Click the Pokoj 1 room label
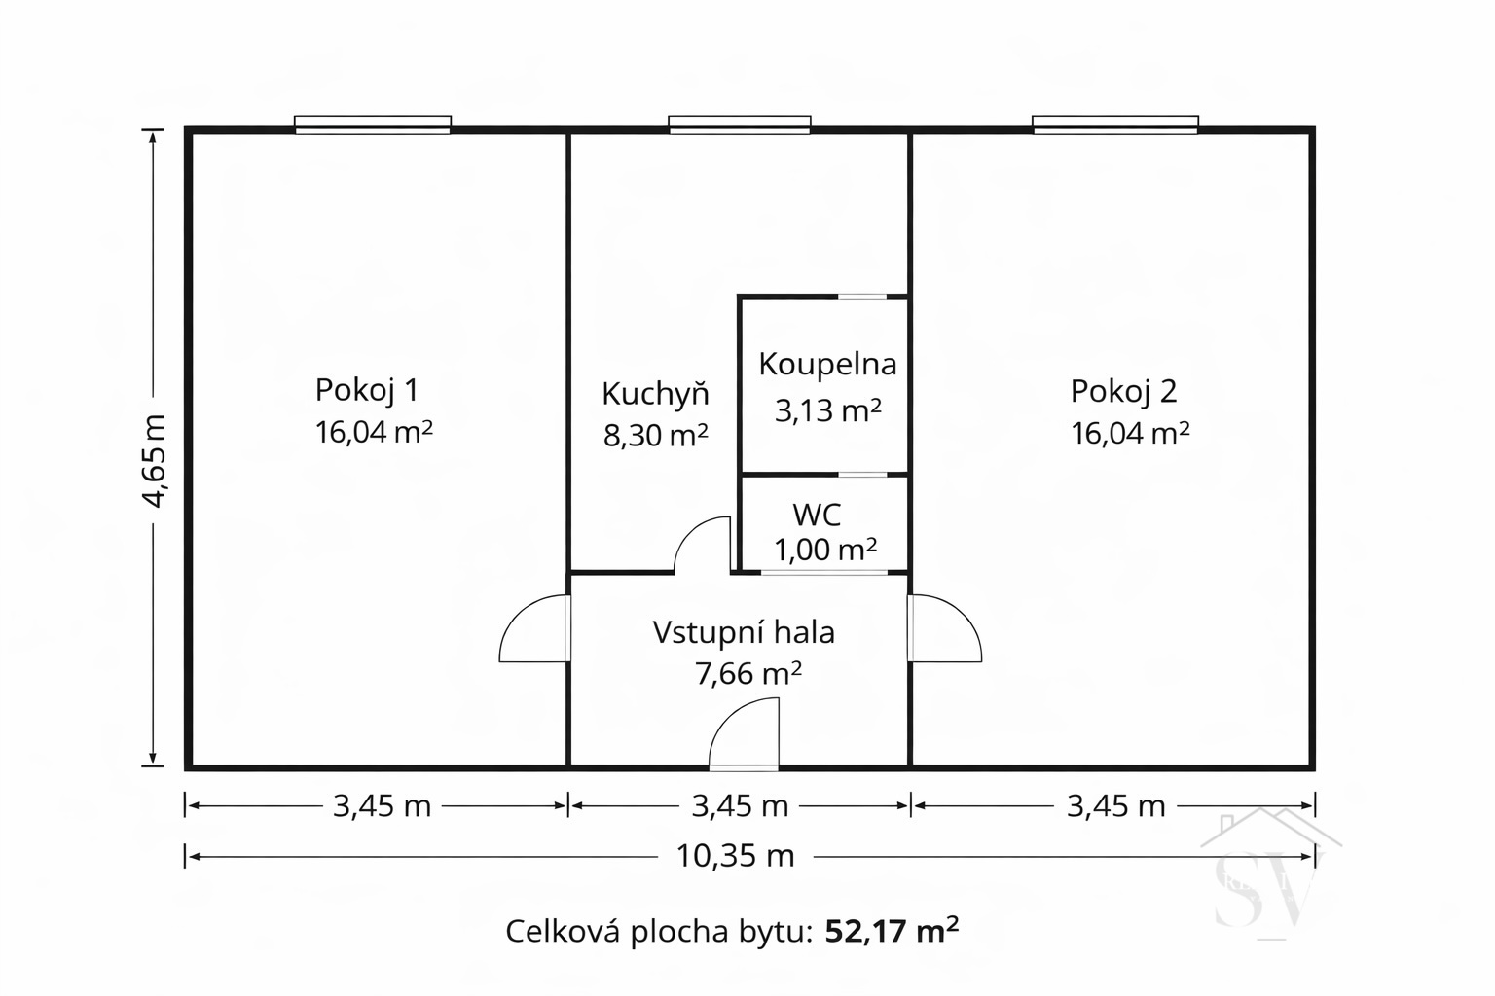[x=366, y=390]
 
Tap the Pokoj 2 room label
[x=1123, y=391]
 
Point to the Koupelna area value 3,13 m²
[x=827, y=410]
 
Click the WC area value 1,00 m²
[x=825, y=550]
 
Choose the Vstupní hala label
[x=744, y=632]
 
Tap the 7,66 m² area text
[x=747, y=674]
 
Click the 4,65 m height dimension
[x=155, y=461]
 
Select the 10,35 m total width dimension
[x=736, y=856]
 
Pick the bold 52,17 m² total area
[x=892, y=930]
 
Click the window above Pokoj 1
[x=373, y=124]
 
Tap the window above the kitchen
[x=740, y=124]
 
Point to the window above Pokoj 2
[x=1115, y=124]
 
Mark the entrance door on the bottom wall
[x=744, y=734]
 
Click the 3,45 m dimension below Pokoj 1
[x=382, y=806]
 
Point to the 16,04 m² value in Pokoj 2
[x=1131, y=433]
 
